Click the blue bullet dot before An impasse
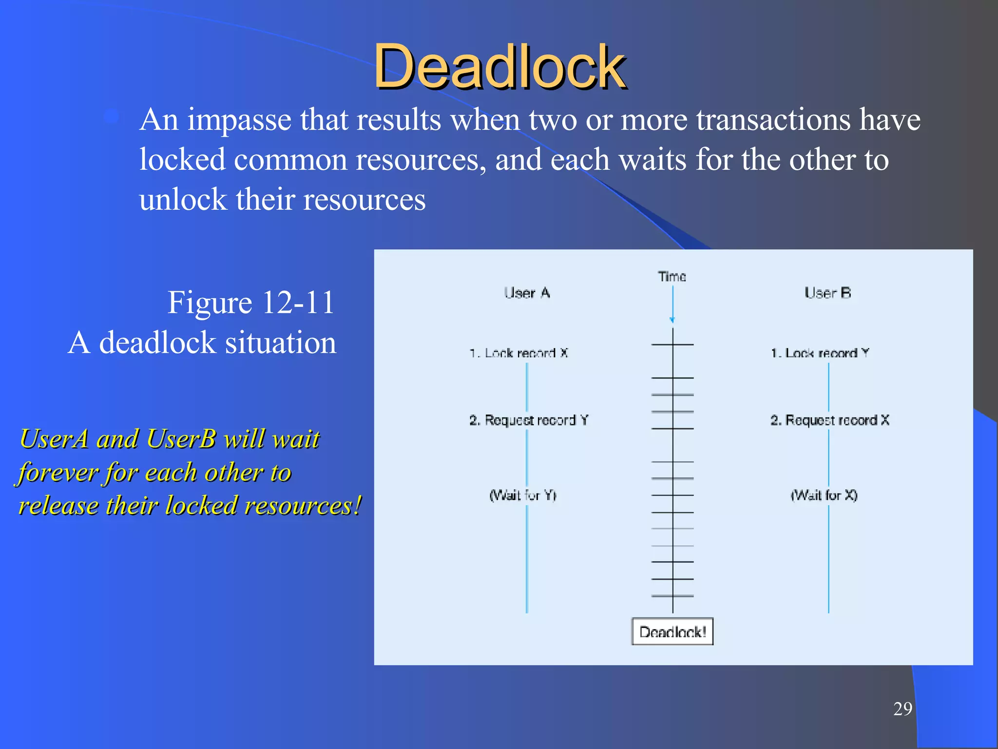pos(112,117)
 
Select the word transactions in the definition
pos(773,120)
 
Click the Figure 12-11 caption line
pos(250,302)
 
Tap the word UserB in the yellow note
pos(181,438)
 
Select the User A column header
pos(527,293)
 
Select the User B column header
pos(827,293)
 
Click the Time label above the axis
pos(672,276)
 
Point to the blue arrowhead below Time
pos(672,320)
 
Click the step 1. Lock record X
pos(518,353)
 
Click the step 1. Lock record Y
pos(820,353)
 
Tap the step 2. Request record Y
pos(529,420)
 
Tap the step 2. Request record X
pos(829,420)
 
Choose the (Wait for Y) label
pos(523,495)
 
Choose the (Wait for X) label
pos(824,495)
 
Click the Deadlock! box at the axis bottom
pos(672,632)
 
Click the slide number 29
pos(902,709)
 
